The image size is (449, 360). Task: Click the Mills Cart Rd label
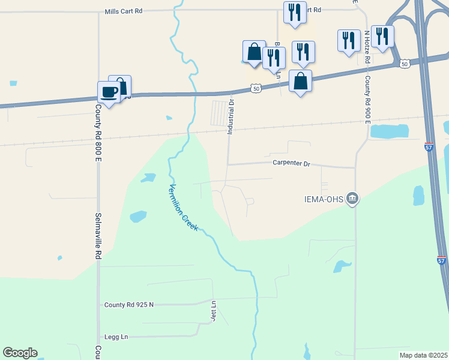123,11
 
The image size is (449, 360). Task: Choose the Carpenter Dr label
291,163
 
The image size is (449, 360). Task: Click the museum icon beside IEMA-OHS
353,199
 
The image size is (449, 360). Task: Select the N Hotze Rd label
366,48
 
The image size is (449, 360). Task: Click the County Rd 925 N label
128,305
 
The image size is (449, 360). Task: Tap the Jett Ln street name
213,312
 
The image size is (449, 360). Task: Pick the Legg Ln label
116,337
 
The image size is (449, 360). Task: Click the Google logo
20,353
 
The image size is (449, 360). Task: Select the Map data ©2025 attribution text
423,355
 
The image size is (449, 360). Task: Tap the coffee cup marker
109,92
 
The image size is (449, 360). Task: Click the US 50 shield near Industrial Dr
256,89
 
